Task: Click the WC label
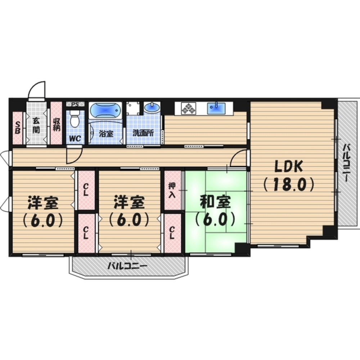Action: click(x=75, y=138)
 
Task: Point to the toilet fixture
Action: click(x=75, y=119)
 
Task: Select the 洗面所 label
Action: click(x=143, y=132)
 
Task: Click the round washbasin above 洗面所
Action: click(x=152, y=107)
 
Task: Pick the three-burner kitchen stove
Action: click(x=189, y=108)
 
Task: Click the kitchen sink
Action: click(x=216, y=108)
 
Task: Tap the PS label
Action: click(x=75, y=104)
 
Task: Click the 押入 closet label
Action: click(x=172, y=190)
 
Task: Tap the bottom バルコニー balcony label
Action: click(x=127, y=267)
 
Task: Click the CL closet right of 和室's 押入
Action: click(x=172, y=233)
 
